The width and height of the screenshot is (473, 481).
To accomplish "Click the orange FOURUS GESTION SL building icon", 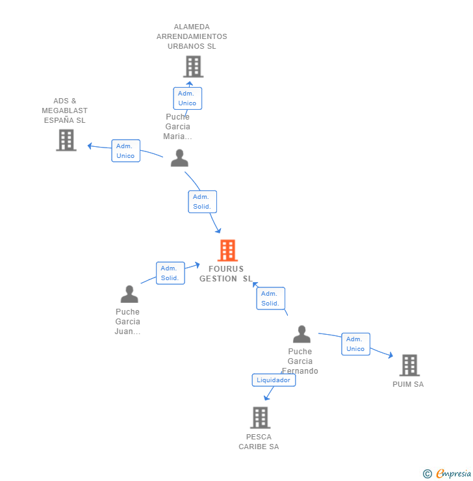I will (x=227, y=250).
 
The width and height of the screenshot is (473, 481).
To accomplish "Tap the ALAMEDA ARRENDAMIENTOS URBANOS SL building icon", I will (x=193, y=66).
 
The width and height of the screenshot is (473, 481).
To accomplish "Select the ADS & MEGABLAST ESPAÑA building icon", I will (x=66, y=140).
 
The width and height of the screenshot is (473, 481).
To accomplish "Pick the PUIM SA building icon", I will (x=409, y=365).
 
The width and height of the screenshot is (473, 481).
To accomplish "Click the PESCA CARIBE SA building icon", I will (x=260, y=417).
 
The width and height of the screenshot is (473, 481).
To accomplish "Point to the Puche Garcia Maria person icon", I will (x=179, y=158).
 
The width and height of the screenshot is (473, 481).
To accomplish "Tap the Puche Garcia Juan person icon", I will (x=129, y=294).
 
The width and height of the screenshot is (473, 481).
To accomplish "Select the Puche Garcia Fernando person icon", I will (x=301, y=334).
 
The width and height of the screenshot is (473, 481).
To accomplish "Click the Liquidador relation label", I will (x=274, y=380).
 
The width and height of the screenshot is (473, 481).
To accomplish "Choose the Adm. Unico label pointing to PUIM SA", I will (x=355, y=344).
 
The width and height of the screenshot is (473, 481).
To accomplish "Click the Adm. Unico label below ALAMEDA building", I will (x=187, y=98).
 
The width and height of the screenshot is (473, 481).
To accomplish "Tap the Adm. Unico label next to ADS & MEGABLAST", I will (x=125, y=151).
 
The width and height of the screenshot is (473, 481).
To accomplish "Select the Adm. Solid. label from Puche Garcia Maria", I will (x=202, y=201).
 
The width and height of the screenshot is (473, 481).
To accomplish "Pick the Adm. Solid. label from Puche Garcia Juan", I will (x=170, y=273).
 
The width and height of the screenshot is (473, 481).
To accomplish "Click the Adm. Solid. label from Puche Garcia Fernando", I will (x=270, y=298).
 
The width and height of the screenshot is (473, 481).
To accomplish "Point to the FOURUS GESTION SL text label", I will (x=226, y=274).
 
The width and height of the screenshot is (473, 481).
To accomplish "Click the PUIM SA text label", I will (x=408, y=384).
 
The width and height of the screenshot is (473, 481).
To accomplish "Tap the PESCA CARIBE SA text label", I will (x=259, y=441).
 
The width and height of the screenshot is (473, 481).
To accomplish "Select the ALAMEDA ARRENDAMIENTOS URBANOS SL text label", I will (x=192, y=36).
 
